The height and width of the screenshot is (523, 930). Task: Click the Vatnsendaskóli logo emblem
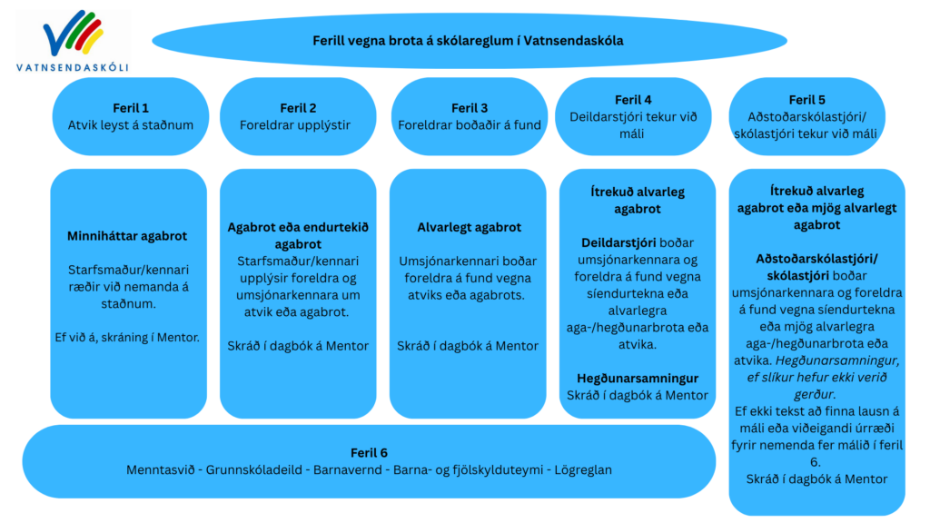pos(73,37)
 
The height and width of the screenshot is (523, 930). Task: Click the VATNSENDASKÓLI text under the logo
pos(73,66)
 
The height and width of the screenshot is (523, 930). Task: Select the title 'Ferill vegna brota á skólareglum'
pos(468,40)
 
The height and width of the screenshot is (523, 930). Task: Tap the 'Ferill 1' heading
pos(131,108)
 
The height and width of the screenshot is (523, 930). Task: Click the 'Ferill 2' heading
pos(299,108)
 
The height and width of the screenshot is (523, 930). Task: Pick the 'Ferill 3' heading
pos(470,108)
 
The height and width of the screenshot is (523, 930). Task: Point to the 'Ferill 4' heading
pos(633,100)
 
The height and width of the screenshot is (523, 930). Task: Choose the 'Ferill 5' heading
pos(807,100)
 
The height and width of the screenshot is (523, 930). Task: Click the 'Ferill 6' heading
pos(369,453)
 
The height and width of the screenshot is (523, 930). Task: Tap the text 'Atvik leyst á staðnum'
pos(131,124)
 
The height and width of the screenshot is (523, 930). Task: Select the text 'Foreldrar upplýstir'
pos(299,124)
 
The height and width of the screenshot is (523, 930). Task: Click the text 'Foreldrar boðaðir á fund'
pos(470,124)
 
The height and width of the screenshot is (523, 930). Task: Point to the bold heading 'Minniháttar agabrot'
pos(127,236)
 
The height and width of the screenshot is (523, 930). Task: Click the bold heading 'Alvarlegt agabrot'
pos(469,228)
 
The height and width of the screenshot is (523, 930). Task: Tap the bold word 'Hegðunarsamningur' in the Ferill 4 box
pos(638,378)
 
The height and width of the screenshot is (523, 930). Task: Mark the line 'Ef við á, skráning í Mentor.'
pos(127,338)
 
